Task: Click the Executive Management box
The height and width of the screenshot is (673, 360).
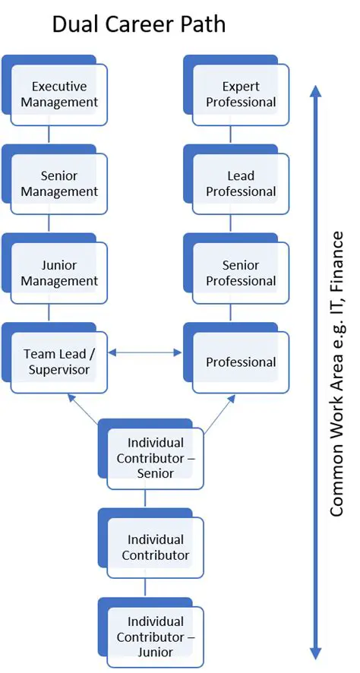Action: click(59, 94)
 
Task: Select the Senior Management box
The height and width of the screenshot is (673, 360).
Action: click(59, 184)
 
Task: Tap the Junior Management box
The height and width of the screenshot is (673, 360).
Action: click(59, 273)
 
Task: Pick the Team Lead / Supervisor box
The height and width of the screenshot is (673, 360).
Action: click(59, 362)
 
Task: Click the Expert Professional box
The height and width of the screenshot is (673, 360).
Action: click(241, 94)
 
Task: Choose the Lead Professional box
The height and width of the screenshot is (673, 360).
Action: click(241, 184)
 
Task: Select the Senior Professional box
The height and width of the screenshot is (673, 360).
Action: click(241, 273)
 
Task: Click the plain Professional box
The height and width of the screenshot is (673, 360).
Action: click(241, 362)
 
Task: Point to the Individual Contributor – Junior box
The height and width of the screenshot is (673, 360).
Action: click(156, 637)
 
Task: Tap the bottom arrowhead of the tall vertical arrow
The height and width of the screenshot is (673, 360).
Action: click(317, 653)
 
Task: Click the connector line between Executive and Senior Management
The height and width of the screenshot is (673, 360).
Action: click(49, 135)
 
